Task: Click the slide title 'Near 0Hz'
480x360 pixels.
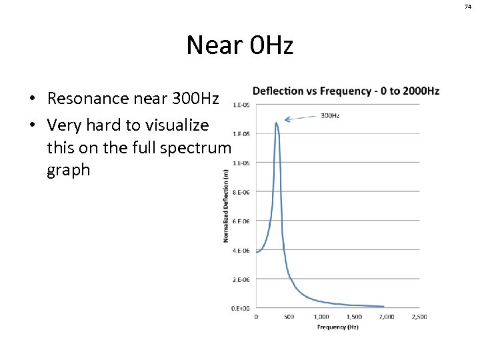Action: coord(239,46)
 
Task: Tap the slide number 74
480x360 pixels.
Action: coord(468,6)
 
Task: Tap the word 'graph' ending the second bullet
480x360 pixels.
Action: coord(68,170)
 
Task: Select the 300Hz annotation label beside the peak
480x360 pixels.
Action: coord(330,115)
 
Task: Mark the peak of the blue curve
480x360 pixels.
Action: coord(276,123)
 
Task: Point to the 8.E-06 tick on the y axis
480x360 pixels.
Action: coord(241,192)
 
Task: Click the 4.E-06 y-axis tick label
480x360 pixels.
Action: coord(241,251)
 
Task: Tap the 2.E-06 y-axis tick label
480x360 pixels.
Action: coord(241,279)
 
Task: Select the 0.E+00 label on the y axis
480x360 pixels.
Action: coord(241,308)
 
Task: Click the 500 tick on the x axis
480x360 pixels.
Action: coord(289,317)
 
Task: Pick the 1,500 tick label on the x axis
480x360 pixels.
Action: coord(354,317)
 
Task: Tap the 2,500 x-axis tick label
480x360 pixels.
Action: coord(419,317)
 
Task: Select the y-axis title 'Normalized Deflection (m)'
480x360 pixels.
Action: coord(226,205)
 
